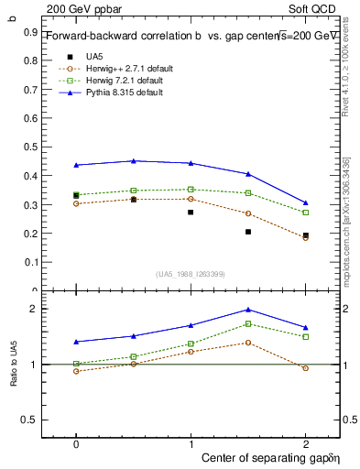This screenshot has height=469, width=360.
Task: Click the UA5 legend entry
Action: click(94, 57)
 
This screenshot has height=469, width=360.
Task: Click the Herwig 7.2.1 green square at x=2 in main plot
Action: click(306, 213)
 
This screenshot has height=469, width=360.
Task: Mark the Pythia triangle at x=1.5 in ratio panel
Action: click(248, 310)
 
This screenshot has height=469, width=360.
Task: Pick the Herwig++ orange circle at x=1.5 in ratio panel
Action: click(248, 343)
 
